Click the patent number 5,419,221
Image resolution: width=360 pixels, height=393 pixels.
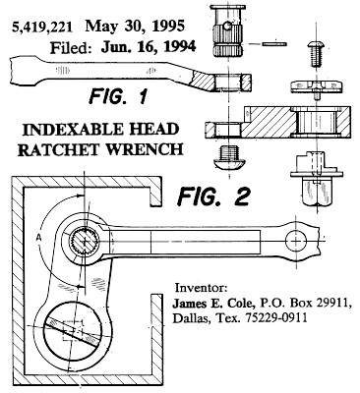42,28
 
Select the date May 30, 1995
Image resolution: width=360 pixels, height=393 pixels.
135,27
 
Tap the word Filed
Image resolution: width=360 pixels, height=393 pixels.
71,48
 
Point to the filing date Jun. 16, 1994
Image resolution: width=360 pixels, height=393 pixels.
149,47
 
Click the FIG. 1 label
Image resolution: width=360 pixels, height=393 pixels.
117,96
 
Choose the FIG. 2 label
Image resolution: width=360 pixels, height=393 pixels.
213,196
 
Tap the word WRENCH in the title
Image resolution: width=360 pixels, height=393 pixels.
146,149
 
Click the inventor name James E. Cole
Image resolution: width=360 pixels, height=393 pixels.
213,303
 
